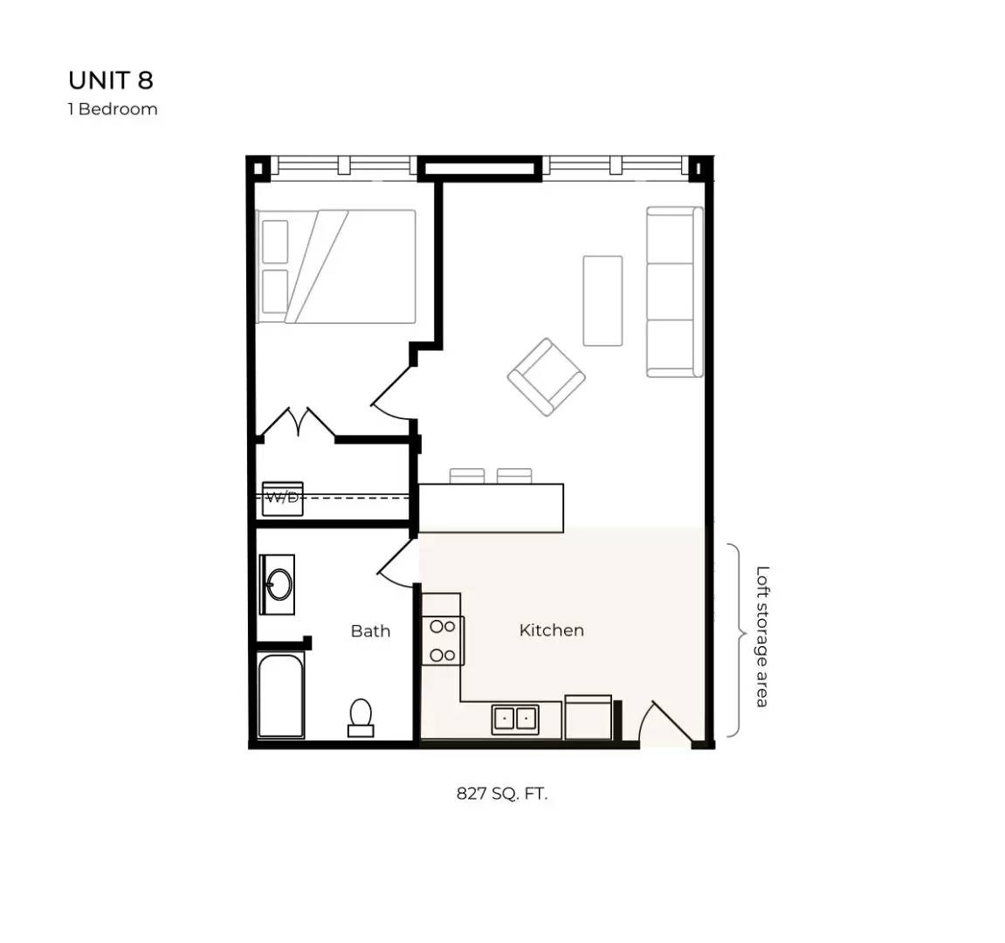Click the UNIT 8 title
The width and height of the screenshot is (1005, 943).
tap(111, 80)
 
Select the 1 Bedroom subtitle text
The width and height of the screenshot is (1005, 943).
tap(113, 109)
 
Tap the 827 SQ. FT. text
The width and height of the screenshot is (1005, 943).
tap(502, 794)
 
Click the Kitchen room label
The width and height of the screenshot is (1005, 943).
tap(551, 630)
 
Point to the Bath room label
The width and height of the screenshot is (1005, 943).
tap(370, 631)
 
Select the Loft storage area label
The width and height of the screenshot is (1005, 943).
tap(762, 637)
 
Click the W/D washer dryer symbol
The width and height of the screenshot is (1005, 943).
tap(283, 499)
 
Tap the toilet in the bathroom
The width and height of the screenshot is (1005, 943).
tap(361, 717)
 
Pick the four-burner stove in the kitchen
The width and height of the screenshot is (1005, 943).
tap(443, 640)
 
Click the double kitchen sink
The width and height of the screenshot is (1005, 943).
tap(514, 719)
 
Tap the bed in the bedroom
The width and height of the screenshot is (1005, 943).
tap(336, 266)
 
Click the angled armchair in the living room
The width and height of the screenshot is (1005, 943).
tap(547, 376)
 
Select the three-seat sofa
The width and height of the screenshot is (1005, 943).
tap(673, 292)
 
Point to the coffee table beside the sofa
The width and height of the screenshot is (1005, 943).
tap(602, 300)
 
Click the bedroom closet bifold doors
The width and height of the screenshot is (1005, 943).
tap(299, 423)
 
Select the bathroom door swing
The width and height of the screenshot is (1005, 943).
tap(396, 563)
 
